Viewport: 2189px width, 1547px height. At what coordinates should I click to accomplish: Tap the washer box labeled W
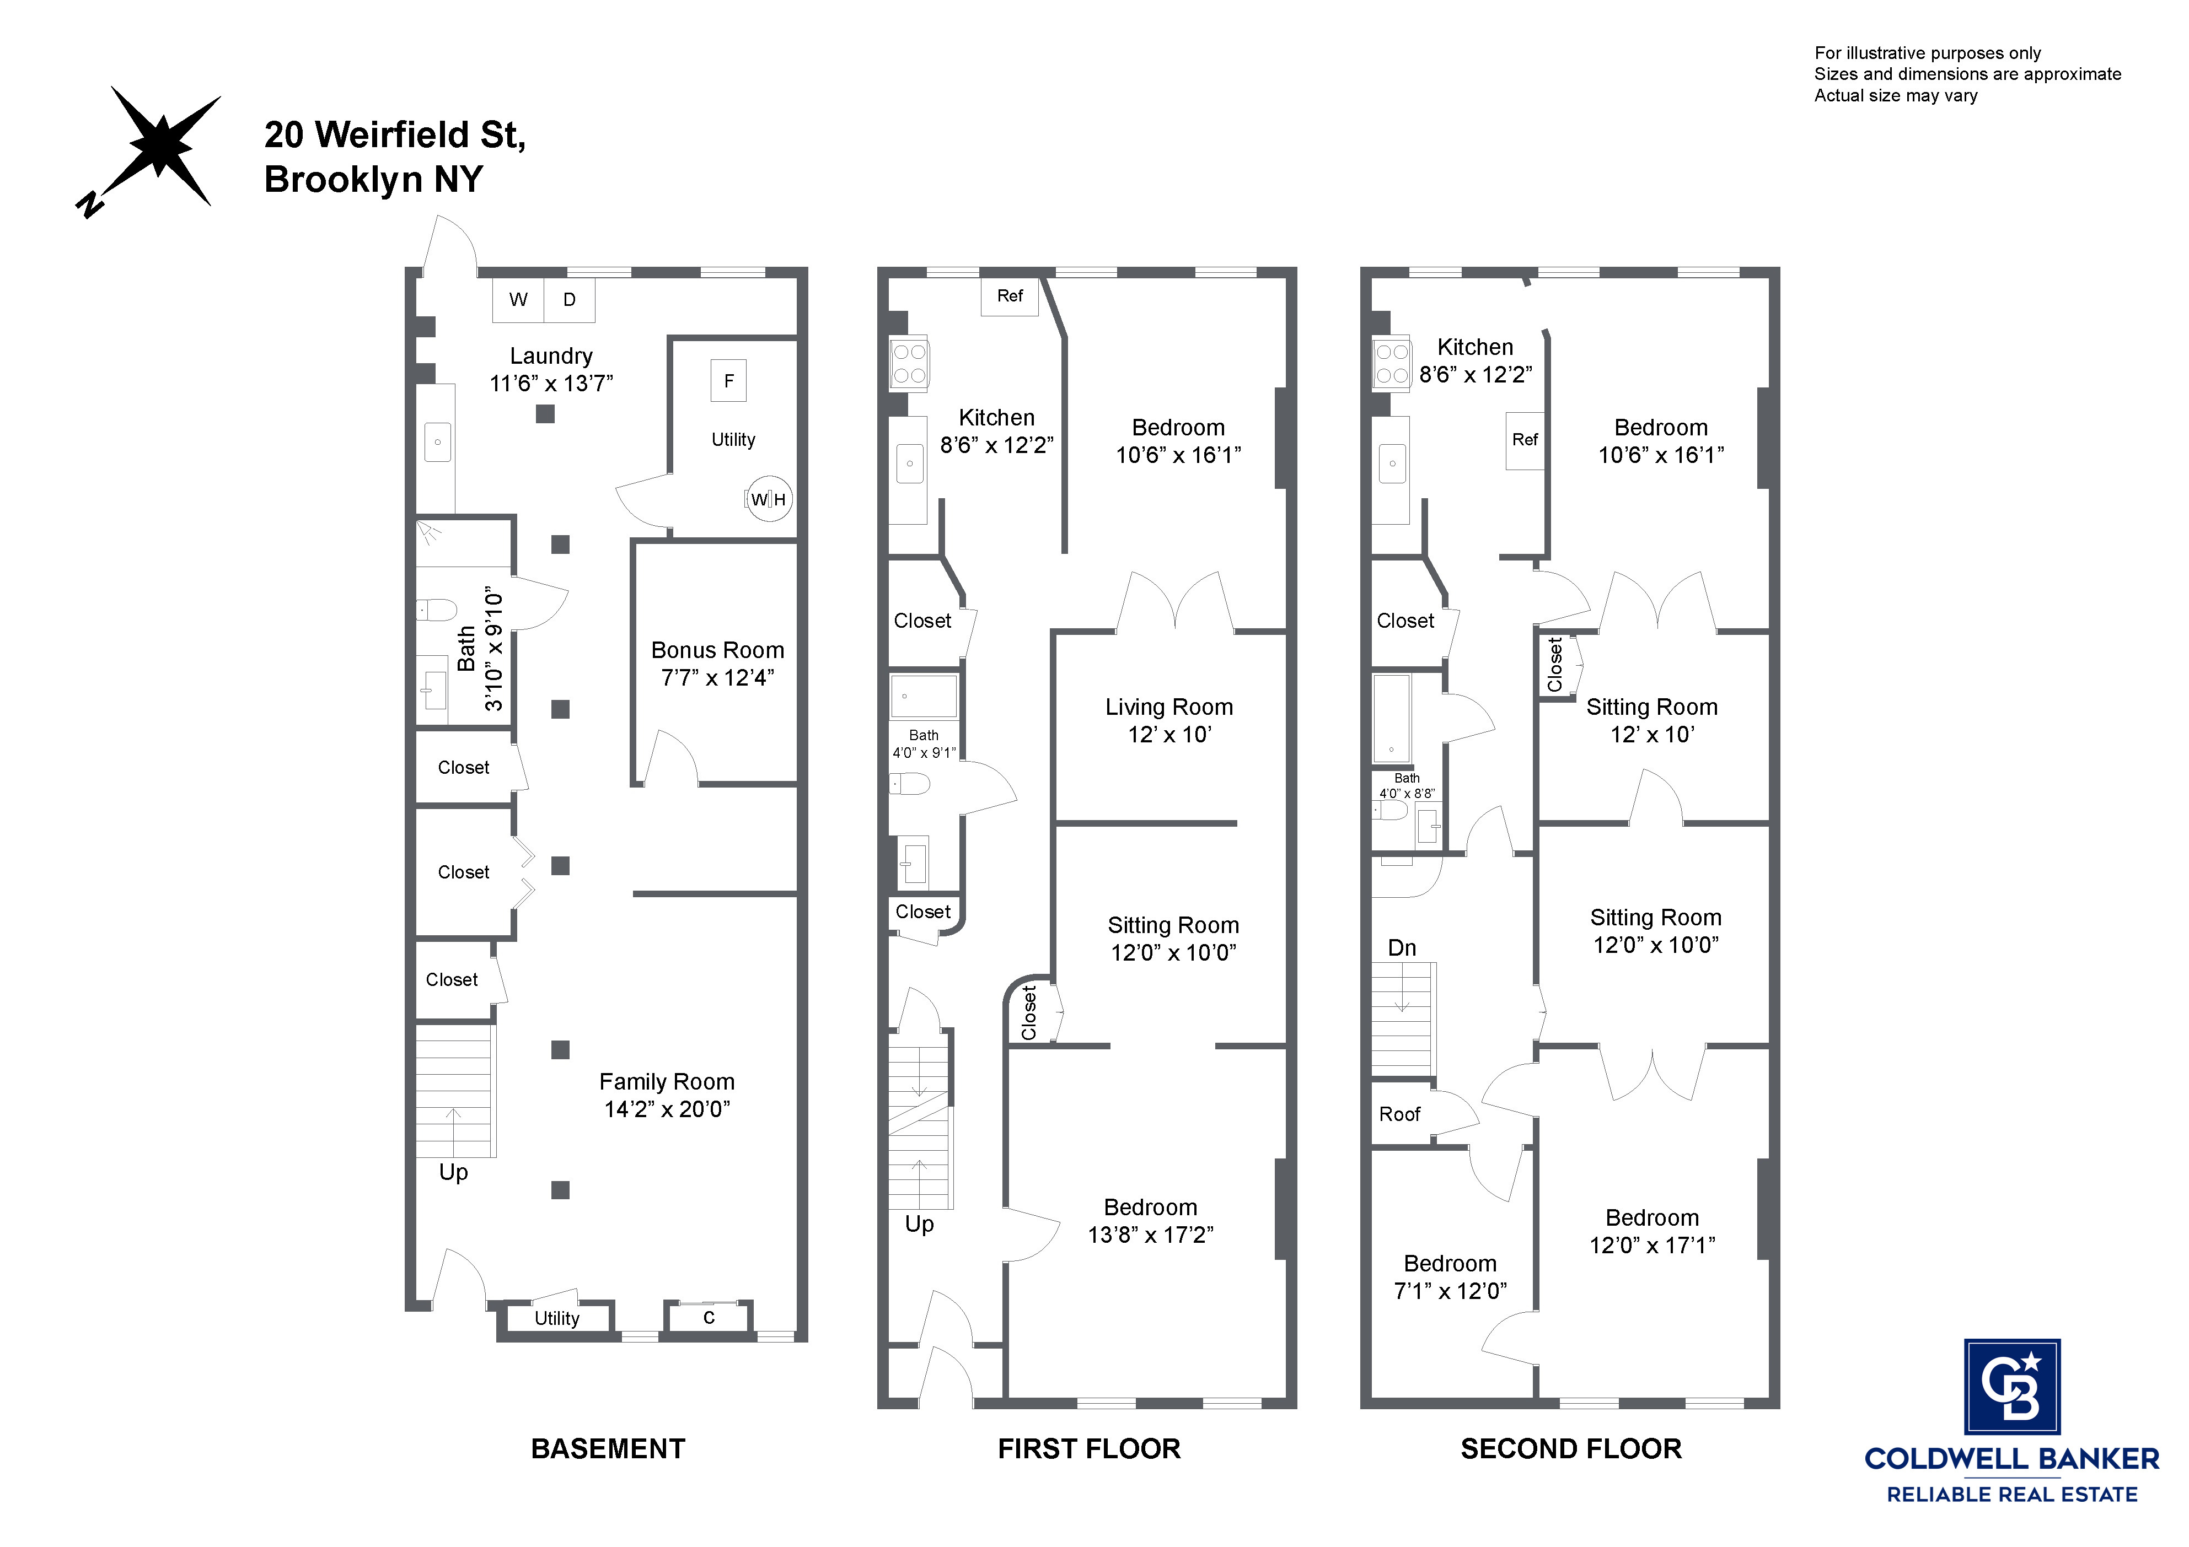(x=518, y=300)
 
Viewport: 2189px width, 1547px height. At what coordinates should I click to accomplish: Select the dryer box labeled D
(x=569, y=300)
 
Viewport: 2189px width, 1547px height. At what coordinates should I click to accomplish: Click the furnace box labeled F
(x=728, y=381)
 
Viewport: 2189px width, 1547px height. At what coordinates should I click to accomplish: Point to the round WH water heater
(x=769, y=499)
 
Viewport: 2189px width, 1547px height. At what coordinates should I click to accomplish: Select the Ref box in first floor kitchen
(x=1010, y=297)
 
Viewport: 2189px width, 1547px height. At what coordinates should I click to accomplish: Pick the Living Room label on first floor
(x=1169, y=707)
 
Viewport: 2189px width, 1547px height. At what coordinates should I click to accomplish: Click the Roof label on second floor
(x=1399, y=1114)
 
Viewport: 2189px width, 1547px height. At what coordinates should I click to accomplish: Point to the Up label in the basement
(x=453, y=1172)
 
